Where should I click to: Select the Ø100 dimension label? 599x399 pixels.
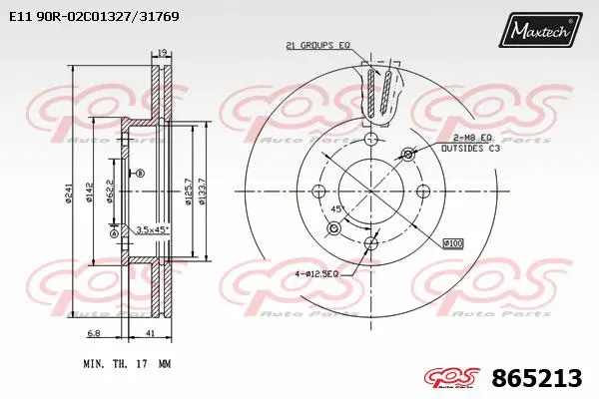[x=454, y=243]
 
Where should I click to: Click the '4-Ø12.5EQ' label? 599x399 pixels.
[x=317, y=273]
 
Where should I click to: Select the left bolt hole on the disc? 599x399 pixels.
[x=318, y=192]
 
